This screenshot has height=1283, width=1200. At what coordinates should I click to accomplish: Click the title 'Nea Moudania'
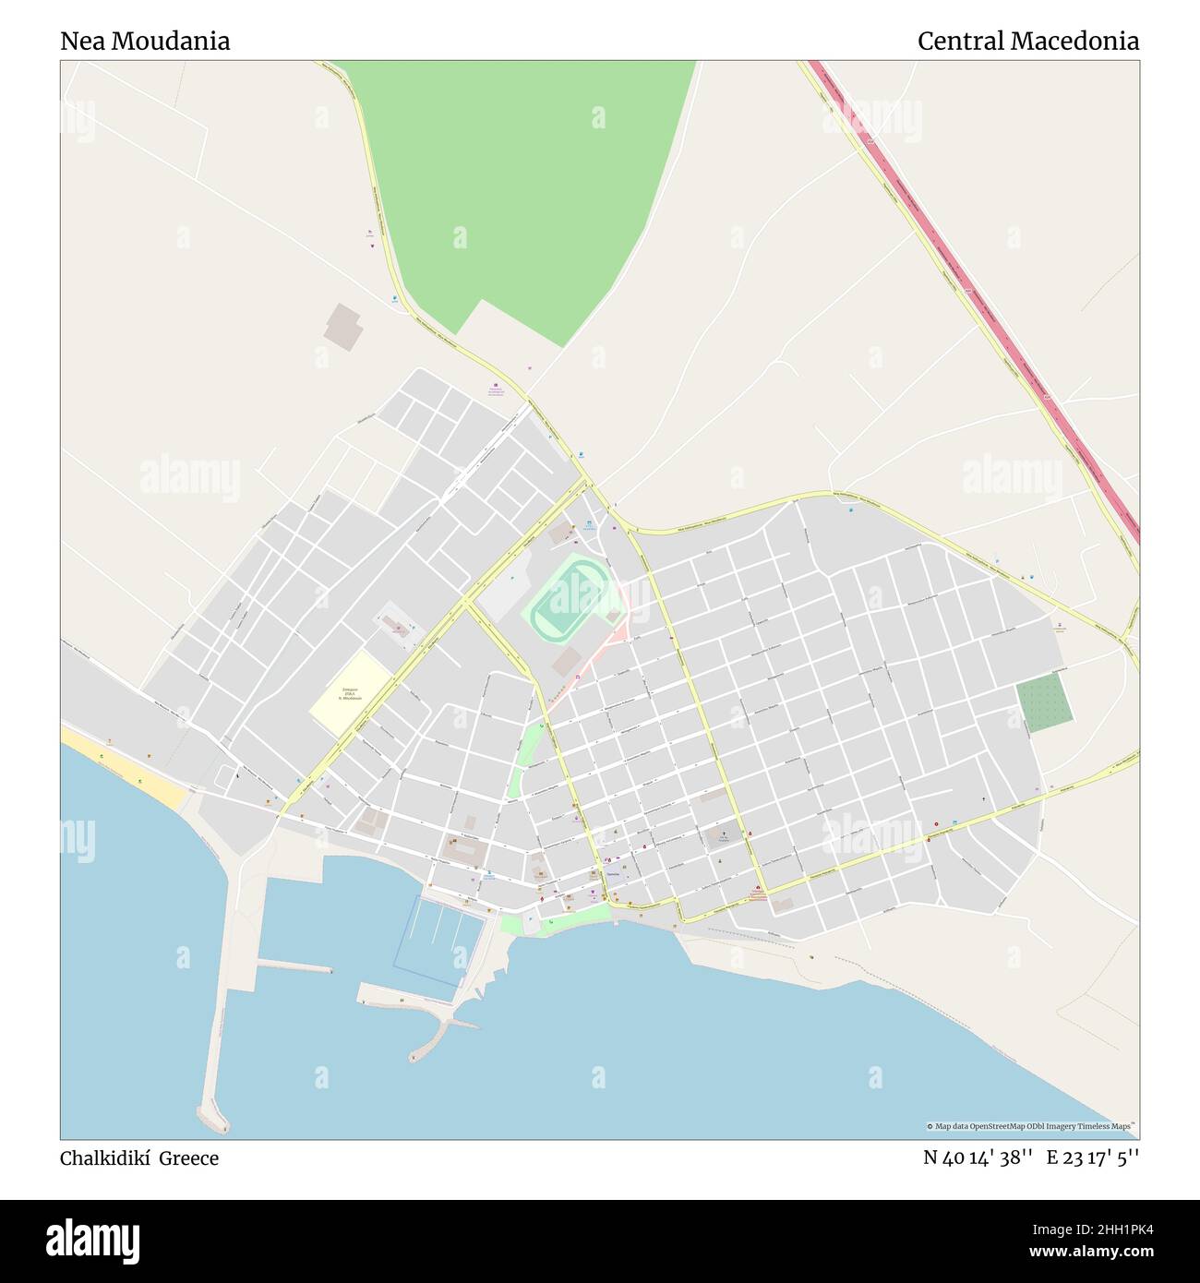145,42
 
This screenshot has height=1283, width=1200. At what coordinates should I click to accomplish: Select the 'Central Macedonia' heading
1027,42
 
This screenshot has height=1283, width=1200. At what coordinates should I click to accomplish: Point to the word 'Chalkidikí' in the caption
105,1158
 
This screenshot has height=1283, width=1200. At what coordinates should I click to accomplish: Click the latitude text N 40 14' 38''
978,1157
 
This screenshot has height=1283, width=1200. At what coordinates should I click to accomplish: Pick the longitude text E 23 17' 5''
1092,1157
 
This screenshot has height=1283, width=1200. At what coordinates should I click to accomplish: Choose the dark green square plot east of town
1044,704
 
